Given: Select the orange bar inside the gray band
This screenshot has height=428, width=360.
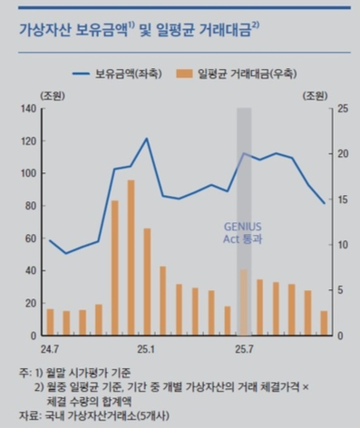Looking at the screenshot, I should click(244, 303).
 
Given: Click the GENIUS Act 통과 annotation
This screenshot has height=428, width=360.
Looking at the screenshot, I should click(243, 232).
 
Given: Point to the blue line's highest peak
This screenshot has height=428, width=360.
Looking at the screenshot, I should click(147, 139).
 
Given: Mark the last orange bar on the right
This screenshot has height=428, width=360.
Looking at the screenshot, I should click(324, 324).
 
